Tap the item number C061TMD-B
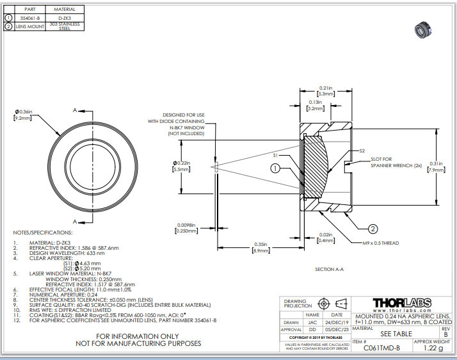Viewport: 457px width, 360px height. click(x=381, y=348)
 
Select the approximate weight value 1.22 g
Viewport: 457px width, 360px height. click(x=433, y=348)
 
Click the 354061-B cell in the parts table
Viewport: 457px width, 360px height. click(x=30, y=18)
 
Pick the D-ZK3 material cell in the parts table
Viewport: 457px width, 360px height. click(x=64, y=18)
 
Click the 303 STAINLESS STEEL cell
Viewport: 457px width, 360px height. click(x=64, y=26)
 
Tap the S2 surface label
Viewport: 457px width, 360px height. click(x=362, y=151)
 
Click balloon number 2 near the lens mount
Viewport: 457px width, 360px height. click(x=373, y=228)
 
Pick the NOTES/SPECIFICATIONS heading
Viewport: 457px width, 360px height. click(x=43, y=232)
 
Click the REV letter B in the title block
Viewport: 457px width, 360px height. click(x=445, y=333)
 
